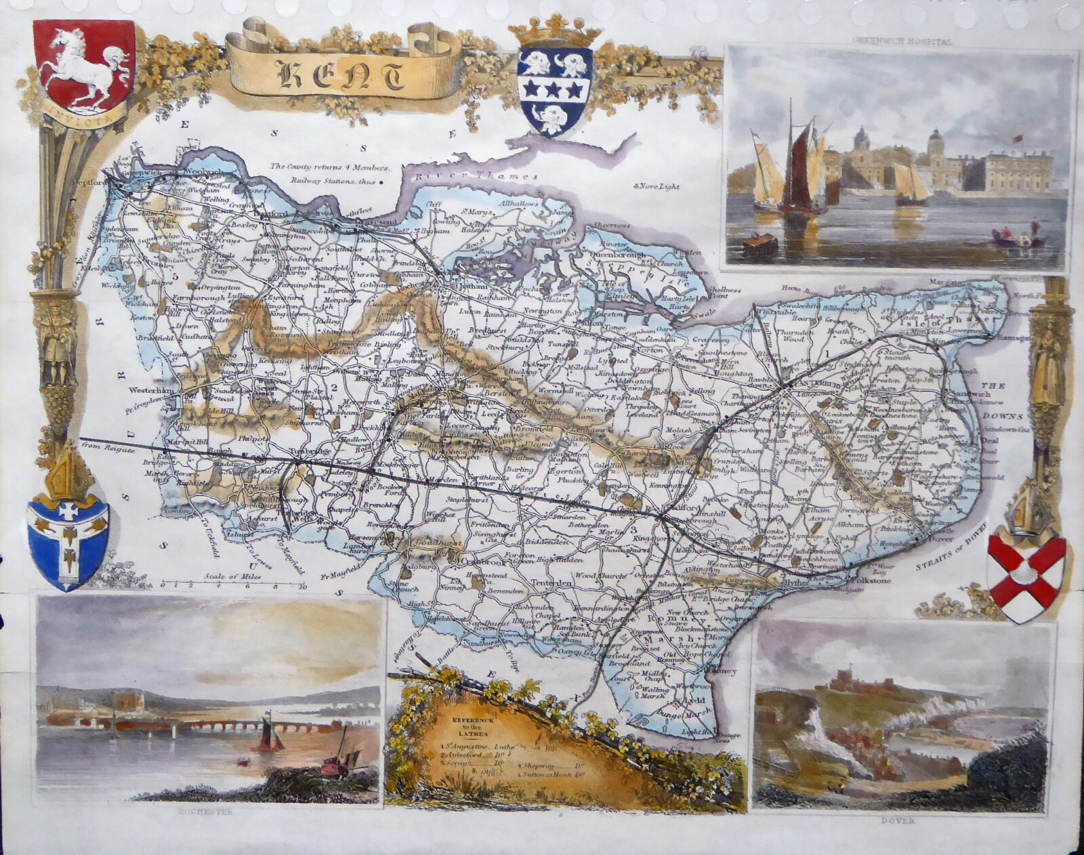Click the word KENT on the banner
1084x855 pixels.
tap(342, 75)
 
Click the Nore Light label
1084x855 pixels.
tap(656, 186)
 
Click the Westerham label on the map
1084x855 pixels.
tap(155, 391)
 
